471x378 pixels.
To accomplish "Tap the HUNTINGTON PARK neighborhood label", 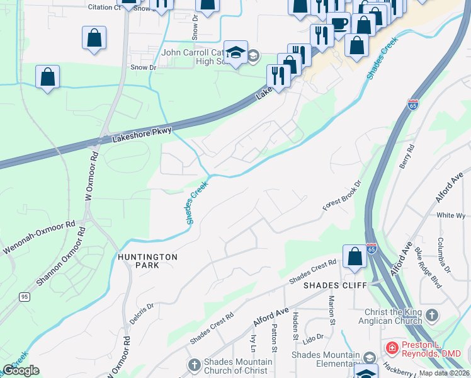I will point(147,261).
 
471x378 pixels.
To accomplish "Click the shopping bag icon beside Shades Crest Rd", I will point(355,256).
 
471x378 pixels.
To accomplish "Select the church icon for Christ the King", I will point(432,314).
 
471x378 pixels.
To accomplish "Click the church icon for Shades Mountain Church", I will point(194,365).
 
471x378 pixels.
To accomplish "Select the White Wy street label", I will point(451,215).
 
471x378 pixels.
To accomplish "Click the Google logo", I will point(21,370).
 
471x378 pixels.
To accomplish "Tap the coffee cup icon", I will point(339,24).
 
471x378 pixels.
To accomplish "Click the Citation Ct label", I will point(104,8).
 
